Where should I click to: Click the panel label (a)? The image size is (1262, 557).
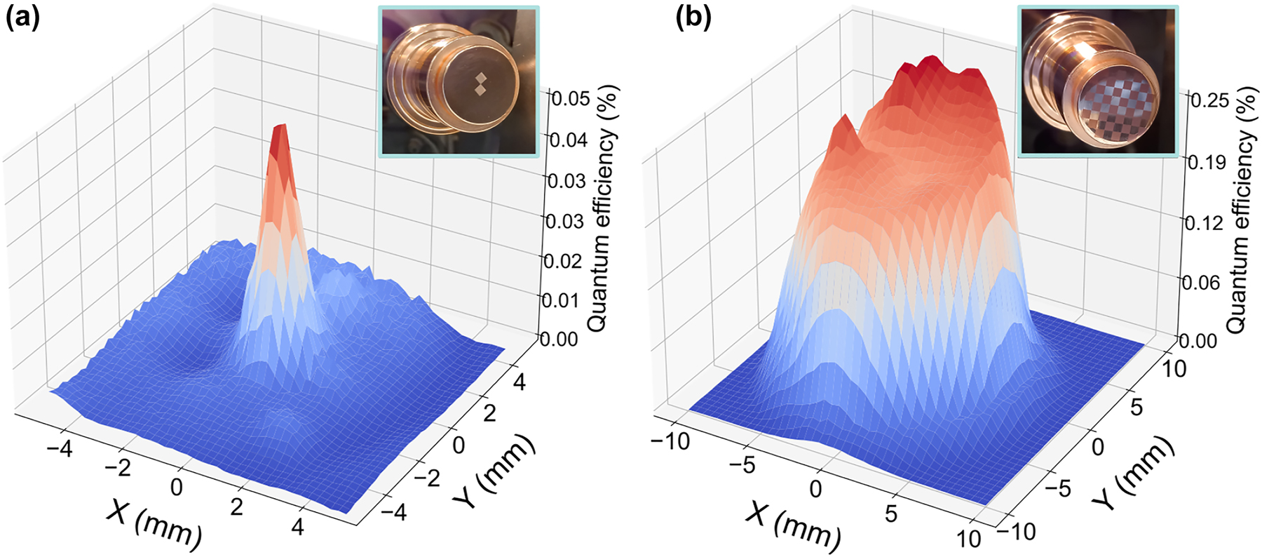(x=22, y=18)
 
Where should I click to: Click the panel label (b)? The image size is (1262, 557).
(x=693, y=18)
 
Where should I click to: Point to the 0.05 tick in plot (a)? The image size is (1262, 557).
(x=570, y=98)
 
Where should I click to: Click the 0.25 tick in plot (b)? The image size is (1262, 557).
(x=1209, y=100)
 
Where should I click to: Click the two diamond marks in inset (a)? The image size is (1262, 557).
(x=480, y=83)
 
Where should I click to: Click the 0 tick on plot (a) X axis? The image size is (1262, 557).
(x=177, y=486)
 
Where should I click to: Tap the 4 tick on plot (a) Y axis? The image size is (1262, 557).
(x=519, y=382)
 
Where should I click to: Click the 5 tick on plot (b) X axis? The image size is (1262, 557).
(x=890, y=514)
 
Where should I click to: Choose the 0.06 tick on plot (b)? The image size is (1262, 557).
(x=1201, y=283)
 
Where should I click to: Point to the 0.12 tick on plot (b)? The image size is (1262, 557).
(x=1203, y=223)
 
